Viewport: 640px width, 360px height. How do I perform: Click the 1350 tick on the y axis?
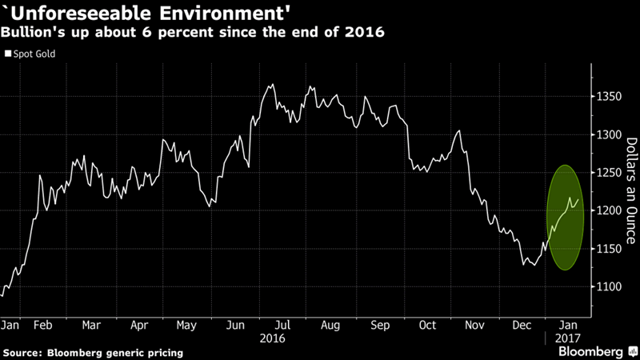610,97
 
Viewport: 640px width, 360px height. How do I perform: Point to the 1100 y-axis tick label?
610,286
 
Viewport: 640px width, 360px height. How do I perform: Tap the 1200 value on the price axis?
610,210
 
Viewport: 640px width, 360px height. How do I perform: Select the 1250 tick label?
610,173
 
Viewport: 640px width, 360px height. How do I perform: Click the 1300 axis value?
610,135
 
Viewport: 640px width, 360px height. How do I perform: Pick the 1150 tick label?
610,249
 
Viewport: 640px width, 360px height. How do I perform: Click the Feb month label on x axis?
43,326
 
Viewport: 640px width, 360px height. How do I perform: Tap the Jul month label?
282,326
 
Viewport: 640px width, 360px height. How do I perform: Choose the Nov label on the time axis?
475,326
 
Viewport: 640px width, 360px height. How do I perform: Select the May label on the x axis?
186,326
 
